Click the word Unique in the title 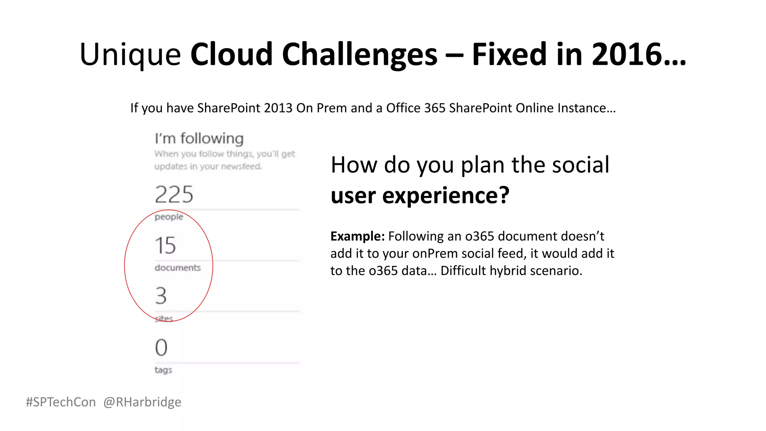130,55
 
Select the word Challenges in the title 359,55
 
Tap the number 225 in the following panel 174,195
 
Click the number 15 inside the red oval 165,245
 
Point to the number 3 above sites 161,296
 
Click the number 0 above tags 161,348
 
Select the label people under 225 169,217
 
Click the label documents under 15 178,268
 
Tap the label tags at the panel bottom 163,370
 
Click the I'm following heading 199,139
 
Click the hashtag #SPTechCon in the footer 61,402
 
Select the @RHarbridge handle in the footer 142,402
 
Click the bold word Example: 357,236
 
